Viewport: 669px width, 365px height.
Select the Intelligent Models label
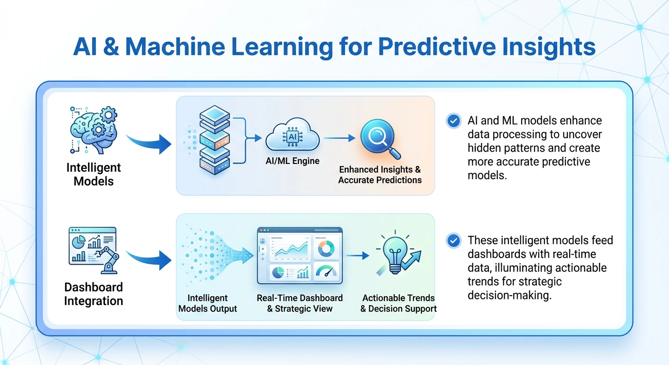click(94, 174)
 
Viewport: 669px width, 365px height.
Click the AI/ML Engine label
click(293, 161)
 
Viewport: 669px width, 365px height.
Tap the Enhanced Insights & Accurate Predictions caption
click(380, 175)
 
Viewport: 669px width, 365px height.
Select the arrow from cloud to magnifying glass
click(339, 138)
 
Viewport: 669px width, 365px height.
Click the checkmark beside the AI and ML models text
click(454, 121)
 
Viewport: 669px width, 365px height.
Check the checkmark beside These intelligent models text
click(454, 241)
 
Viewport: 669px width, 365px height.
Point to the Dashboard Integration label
click(94, 294)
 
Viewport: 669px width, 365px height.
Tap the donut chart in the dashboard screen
click(326, 248)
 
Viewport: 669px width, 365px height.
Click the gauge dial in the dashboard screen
click(326, 272)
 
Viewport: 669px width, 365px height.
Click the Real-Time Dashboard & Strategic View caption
click(300, 303)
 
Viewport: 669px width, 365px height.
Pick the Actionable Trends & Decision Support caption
click(398, 303)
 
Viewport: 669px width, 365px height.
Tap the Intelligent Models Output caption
click(208, 303)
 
